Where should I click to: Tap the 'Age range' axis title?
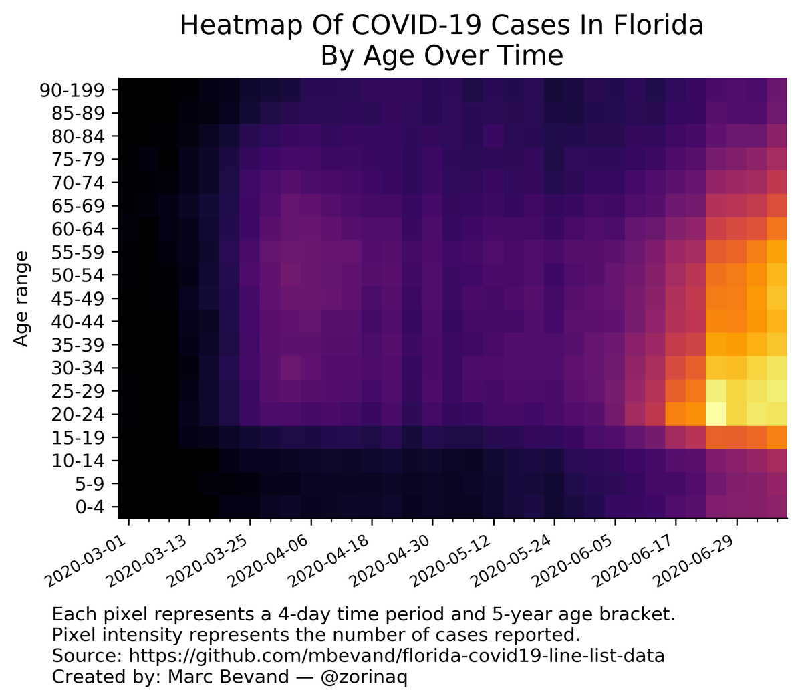click(x=22, y=298)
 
